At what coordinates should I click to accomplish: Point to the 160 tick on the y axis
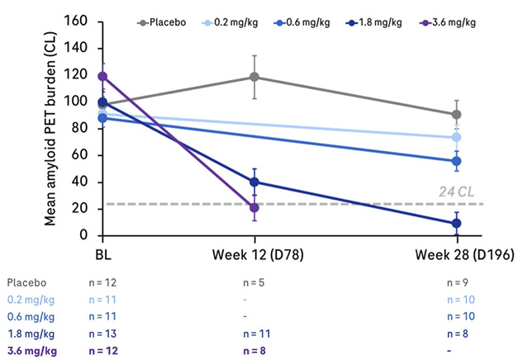77,20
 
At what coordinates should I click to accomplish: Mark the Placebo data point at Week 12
254,77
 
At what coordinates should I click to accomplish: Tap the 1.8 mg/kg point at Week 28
457,223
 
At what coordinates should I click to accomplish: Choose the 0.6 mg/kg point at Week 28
457,161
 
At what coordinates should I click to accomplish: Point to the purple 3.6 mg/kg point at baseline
102,76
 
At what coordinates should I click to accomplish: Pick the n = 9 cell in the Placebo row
457,282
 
